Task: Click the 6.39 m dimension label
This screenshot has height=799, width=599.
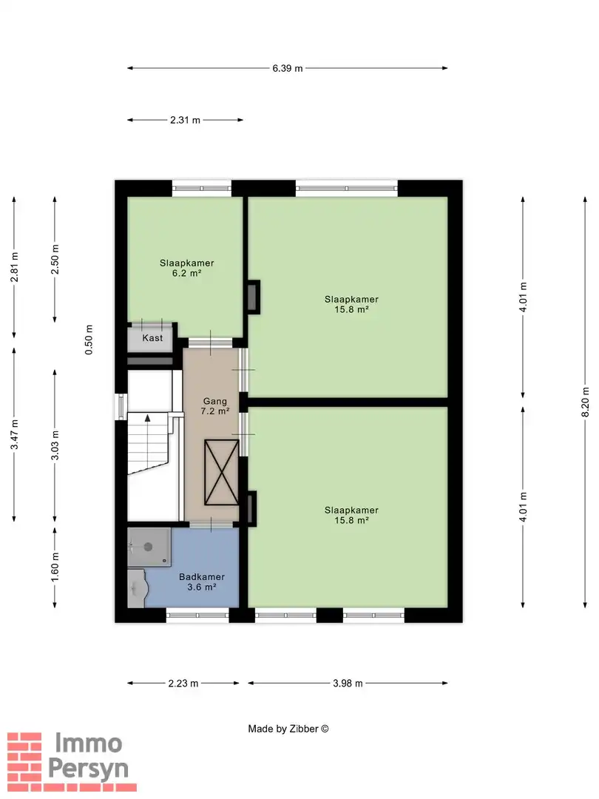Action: [287, 68]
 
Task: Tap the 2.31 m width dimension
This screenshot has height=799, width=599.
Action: [185, 121]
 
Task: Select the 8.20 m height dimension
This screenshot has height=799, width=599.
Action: [585, 402]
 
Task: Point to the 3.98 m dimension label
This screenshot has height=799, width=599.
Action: [348, 684]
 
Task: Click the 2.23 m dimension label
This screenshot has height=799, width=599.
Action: [183, 684]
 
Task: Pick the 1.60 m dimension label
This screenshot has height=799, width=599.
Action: [55, 567]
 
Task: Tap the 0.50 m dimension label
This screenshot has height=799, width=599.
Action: [89, 340]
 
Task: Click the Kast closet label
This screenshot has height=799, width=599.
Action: [152, 338]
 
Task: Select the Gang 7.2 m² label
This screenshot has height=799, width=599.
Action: [215, 406]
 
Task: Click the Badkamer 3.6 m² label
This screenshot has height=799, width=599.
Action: [202, 582]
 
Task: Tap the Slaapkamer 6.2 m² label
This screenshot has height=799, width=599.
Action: [187, 268]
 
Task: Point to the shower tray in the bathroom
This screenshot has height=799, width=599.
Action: [149, 547]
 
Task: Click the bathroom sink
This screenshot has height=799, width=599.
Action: [137, 589]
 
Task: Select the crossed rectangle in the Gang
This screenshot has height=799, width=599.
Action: [222, 472]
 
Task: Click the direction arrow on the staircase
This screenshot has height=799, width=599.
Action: [148, 418]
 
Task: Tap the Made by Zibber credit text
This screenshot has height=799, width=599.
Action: [288, 729]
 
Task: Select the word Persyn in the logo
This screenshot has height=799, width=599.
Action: [88, 769]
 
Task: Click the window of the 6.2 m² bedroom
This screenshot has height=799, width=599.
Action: [202, 189]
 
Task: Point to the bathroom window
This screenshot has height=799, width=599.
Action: [197, 615]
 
